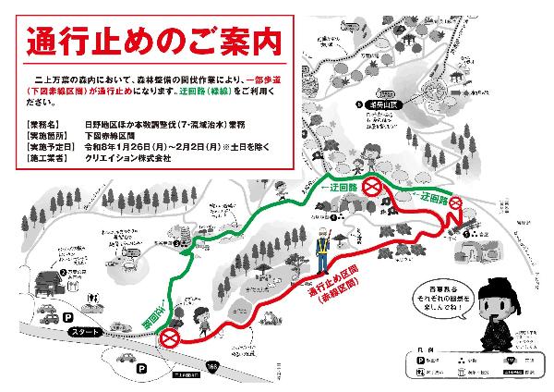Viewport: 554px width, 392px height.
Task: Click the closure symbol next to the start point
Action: [170, 340]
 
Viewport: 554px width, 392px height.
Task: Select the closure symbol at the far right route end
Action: [455, 203]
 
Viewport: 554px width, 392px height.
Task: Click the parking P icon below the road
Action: [141, 368]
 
